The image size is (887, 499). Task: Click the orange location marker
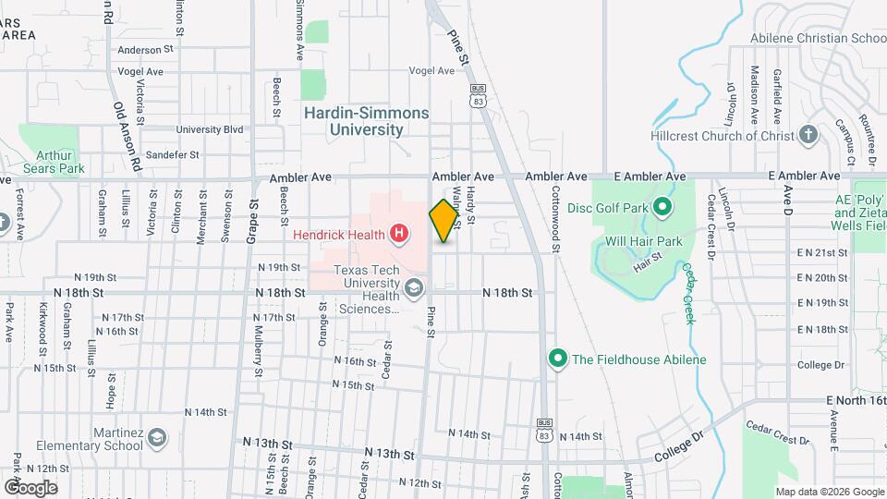(444, 221)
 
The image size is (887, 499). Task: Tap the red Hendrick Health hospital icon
(398, 234)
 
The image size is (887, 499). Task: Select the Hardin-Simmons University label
(367, 121)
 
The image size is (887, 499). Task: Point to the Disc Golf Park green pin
(662, 207)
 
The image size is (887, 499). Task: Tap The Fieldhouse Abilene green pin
(557, 359)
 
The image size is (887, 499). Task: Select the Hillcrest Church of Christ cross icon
(808, 135)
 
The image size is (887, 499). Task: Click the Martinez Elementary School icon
(157, 434)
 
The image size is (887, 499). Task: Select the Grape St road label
(251, 220)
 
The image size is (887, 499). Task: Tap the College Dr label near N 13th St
(679, 456)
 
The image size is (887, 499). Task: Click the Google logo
(30, 487)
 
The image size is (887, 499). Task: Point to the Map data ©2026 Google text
(829, 492)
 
